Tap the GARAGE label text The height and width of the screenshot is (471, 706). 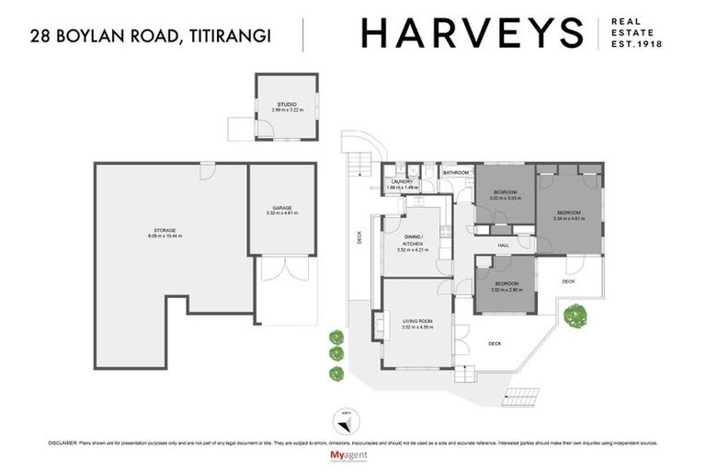click(x=282, y=208)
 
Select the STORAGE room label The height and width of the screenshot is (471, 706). click(x=165, y=230)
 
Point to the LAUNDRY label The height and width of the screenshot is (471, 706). click(x=403, y=182)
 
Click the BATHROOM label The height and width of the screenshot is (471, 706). click(x=456, y=173)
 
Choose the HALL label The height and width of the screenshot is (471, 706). click(x=504, y=246)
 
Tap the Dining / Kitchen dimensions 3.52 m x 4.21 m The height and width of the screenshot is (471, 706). click(x=414, y=249)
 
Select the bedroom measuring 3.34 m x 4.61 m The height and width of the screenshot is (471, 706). click(x=569, y=219)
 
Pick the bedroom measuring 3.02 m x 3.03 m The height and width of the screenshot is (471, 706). click(x=505, y=198)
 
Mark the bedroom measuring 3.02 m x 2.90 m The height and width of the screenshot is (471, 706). click(x=505, y=290)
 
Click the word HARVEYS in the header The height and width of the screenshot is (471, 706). click(x=472, y=33)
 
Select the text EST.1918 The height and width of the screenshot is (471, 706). click(x=637, y=44)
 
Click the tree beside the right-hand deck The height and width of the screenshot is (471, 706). click(x=575, y=316)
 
